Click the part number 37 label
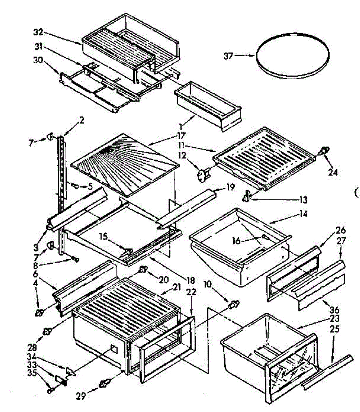pos(228,56)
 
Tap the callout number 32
pos(38,33)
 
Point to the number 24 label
pos(333,172)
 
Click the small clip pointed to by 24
pos(325,150)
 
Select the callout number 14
pos(303,214)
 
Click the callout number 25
pos(335,329)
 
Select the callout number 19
pos(230,187)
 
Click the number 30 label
pos(38,60)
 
